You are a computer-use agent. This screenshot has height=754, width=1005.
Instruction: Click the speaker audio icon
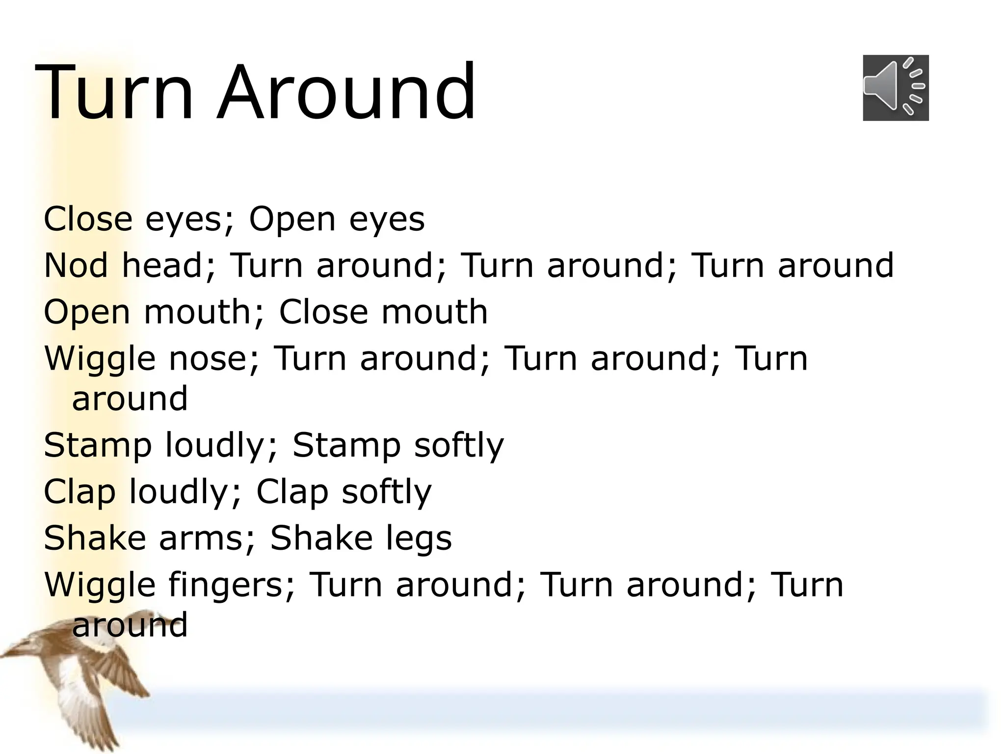pyautogui.click(x=896, y=88)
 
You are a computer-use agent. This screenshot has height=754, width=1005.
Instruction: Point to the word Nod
pyautogui.click(x=76, y=265)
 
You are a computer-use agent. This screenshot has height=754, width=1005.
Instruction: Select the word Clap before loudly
pyautogui.click(x=79, y=491)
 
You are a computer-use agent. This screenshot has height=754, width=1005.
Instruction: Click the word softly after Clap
pyautogui.click(x=387, y=491)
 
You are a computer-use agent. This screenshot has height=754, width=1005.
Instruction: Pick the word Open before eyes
pyautogui.click(x=292, y=219)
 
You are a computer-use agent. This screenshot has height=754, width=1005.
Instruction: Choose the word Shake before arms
pyautogui.click(x=95, y=538)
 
